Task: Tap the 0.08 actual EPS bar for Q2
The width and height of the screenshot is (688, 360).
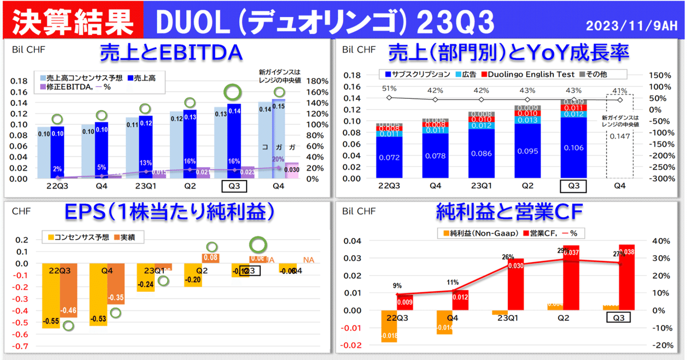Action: [211, 258]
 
